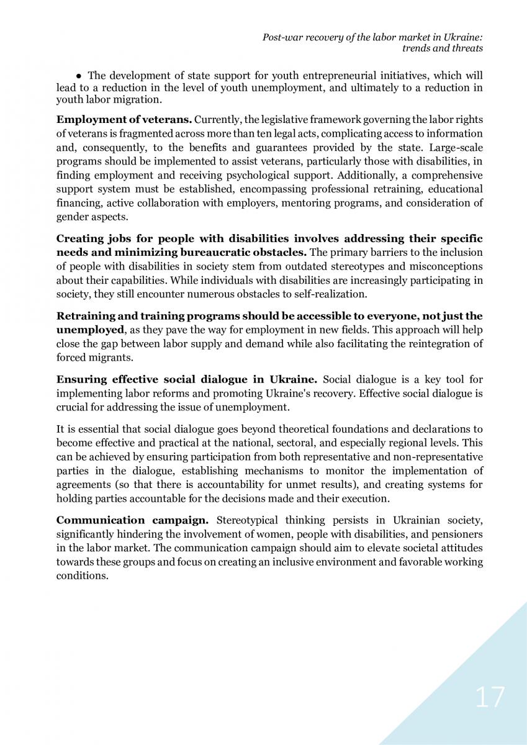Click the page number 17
tap(490, 697)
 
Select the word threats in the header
tap(467, 48)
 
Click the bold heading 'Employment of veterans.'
tap(124, 119)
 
